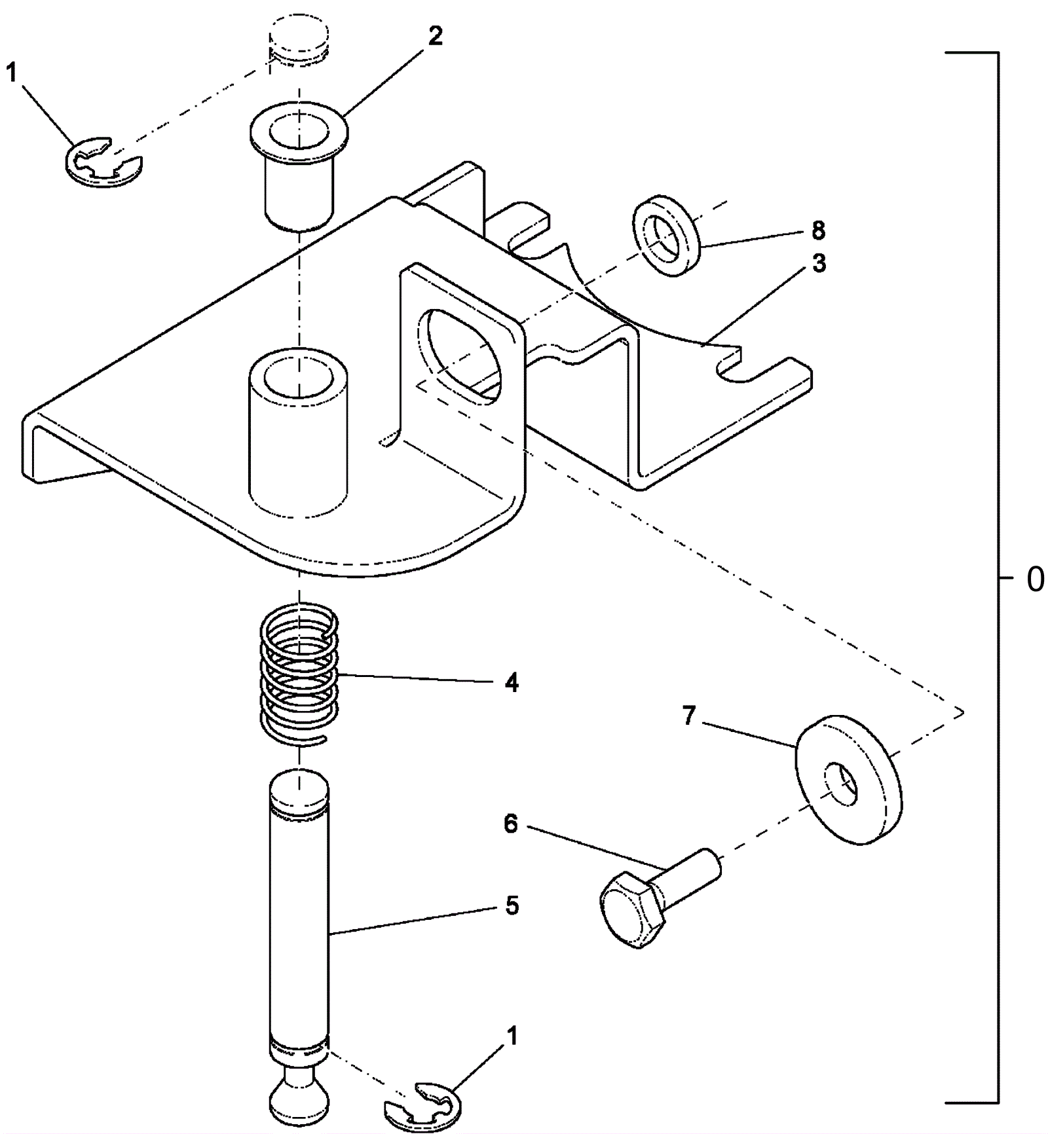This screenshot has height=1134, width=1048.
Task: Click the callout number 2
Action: tap(436, 36)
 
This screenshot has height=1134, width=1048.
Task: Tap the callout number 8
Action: tap(818, 230)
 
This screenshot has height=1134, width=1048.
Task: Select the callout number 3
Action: tap(818, 263)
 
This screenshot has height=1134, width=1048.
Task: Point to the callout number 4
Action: tap(512, 683)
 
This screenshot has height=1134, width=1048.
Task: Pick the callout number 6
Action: tap(510, 824)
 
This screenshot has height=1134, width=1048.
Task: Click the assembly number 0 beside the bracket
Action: tap(1035, 579)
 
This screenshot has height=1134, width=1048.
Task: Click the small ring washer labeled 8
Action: tap(666, 235)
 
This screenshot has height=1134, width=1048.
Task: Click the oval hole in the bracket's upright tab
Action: tap(458, 354)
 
